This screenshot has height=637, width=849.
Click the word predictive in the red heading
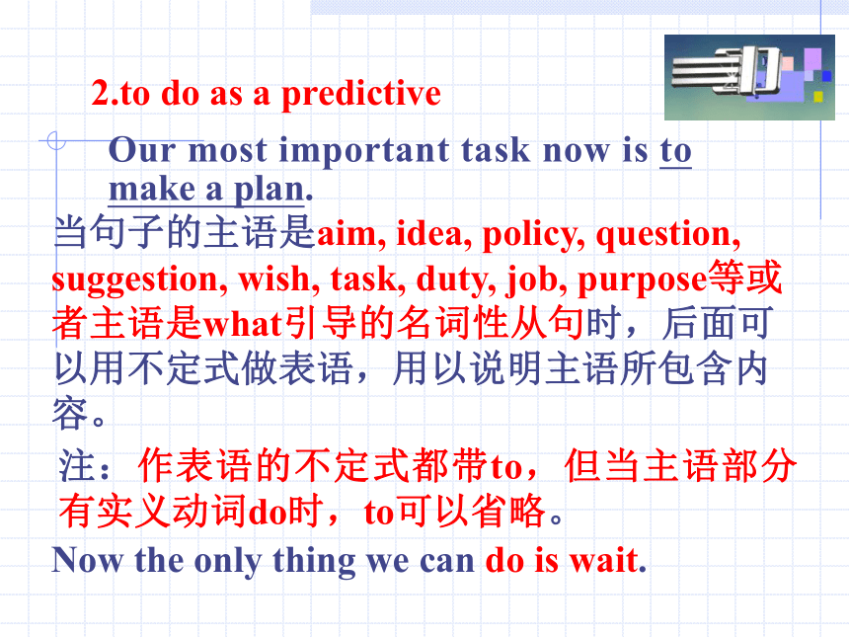tap(361, 95)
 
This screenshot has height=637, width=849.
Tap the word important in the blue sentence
tap(364, 151)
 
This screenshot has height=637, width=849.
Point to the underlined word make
tap(152, 190)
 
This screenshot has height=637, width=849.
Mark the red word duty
tap(455, 280)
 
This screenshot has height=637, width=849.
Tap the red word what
tap(243, 325)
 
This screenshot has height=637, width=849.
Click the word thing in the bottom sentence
tap(314, 562)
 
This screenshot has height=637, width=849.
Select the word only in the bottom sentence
tap(227, 562)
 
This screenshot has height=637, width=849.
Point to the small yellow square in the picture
tap(818, 97)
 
